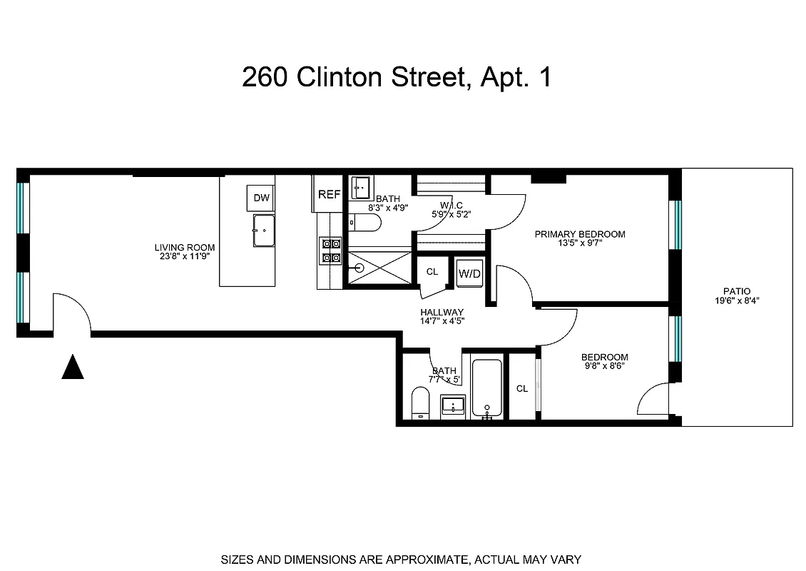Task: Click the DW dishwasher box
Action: pyautogui.click(x=262, y=198)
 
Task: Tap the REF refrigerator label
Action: pyautogui.click(x=329, y=194)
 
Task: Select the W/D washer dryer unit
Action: pyautogui.click(x=469, y=273)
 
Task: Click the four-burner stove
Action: pyautogui.click(x=330, y=251)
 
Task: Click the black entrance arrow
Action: pyautogui.click(x=73, y=367)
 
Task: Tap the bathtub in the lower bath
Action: pyautogui.click(x=488, y=388)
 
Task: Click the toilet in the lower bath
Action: pyautogui.click(x=421, y=404)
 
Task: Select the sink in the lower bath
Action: pyautogui.click(x=452, y=406)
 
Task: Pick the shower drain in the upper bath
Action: pyautogui.click(x=359, y=269)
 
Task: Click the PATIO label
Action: pyautogui.click(x=737, y=291)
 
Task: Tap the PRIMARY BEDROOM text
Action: pyautogui.click(x=580, y=234)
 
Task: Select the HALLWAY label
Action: pyautogui.click(x=442, y=313)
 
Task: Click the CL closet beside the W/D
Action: pyautogui.click(x=432, y=272)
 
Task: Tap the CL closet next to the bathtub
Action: pyautogui.click(x=522, y=388)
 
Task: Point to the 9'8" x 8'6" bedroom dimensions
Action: pyautogui.click(x=604, y=368)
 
